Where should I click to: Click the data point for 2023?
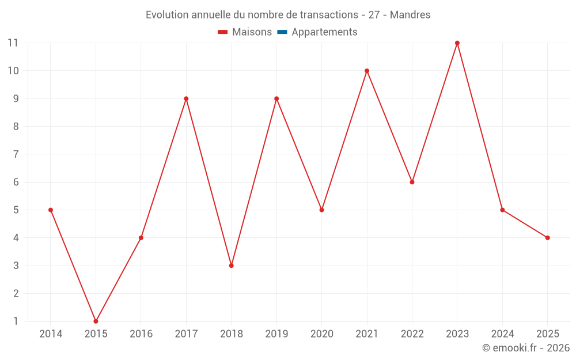point(457,43)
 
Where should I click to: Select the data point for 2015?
point(96,321)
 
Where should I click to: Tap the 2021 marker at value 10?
point(367,71)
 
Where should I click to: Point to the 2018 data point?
point(231,266)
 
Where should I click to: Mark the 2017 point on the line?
point(186,98)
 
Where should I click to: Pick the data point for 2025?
point(547,238)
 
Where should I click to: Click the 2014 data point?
point(51,210)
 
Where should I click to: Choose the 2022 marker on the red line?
point(412,182)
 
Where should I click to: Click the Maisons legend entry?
point(252,32)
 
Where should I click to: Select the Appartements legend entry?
point(324,32)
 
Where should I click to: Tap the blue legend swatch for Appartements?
point(282,32)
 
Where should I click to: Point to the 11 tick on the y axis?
point(13,43)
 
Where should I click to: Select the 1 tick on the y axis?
point(16,321)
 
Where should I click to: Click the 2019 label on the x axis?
point(276,334)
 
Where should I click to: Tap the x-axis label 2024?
point(502,334)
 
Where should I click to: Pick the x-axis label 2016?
point(141,334)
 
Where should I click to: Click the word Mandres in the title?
point(410,15)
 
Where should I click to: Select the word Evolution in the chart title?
point(168,15)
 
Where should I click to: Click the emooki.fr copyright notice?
point(525,348)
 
